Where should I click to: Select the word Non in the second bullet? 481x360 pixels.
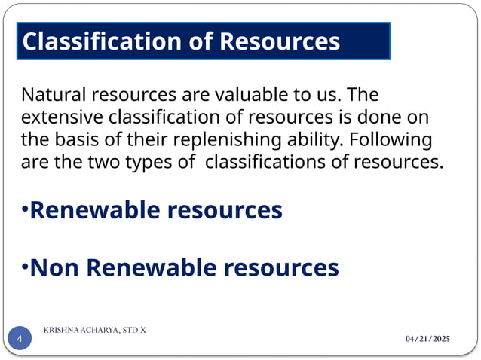click(x=54, y=267)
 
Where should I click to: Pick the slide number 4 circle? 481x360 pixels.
click(x=20, y=340)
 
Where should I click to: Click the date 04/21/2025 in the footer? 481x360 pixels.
click(x=427, y=340)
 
